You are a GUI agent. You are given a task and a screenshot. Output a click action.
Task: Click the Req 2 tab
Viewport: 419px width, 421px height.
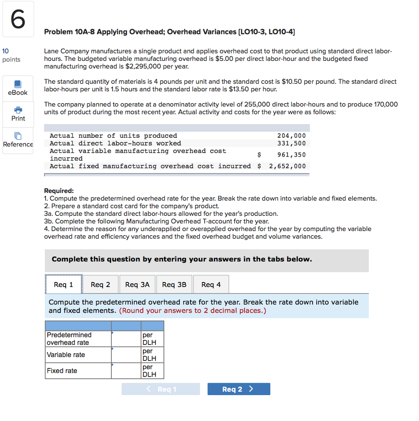100,285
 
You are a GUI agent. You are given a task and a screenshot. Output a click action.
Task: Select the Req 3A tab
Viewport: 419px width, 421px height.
137,285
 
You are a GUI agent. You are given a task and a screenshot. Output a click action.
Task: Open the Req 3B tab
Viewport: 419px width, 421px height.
174,285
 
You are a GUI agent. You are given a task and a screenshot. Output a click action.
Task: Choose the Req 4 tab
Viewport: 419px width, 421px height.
211,285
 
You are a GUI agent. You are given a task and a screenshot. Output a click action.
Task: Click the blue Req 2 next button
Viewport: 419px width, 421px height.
239,389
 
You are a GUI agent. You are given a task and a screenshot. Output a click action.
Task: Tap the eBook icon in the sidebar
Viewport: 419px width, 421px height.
18,84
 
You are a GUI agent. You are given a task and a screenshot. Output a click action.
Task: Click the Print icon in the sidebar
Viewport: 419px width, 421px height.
18,110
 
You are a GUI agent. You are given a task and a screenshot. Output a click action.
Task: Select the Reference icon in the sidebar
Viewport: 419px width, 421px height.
18,136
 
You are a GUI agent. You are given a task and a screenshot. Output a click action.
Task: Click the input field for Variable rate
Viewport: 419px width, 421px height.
126,355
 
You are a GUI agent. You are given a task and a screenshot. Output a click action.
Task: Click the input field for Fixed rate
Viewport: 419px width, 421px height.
126,371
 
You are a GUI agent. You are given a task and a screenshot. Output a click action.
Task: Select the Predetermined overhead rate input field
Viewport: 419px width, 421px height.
126,339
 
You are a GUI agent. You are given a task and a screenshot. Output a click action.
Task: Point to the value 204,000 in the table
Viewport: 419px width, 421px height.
291,136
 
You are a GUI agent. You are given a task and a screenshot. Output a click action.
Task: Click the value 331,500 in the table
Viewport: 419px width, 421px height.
291,143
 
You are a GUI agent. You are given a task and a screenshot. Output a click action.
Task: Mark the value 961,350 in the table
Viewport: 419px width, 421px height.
291,155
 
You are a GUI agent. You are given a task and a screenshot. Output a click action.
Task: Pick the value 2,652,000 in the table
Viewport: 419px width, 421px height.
287,166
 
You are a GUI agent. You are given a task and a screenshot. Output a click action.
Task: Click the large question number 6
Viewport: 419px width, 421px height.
17,19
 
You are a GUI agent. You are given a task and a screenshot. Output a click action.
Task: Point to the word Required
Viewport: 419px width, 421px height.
59,191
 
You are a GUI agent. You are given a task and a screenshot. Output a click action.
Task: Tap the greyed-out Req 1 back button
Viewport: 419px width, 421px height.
161,389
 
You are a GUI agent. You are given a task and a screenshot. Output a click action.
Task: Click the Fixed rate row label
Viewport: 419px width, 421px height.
62,371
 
